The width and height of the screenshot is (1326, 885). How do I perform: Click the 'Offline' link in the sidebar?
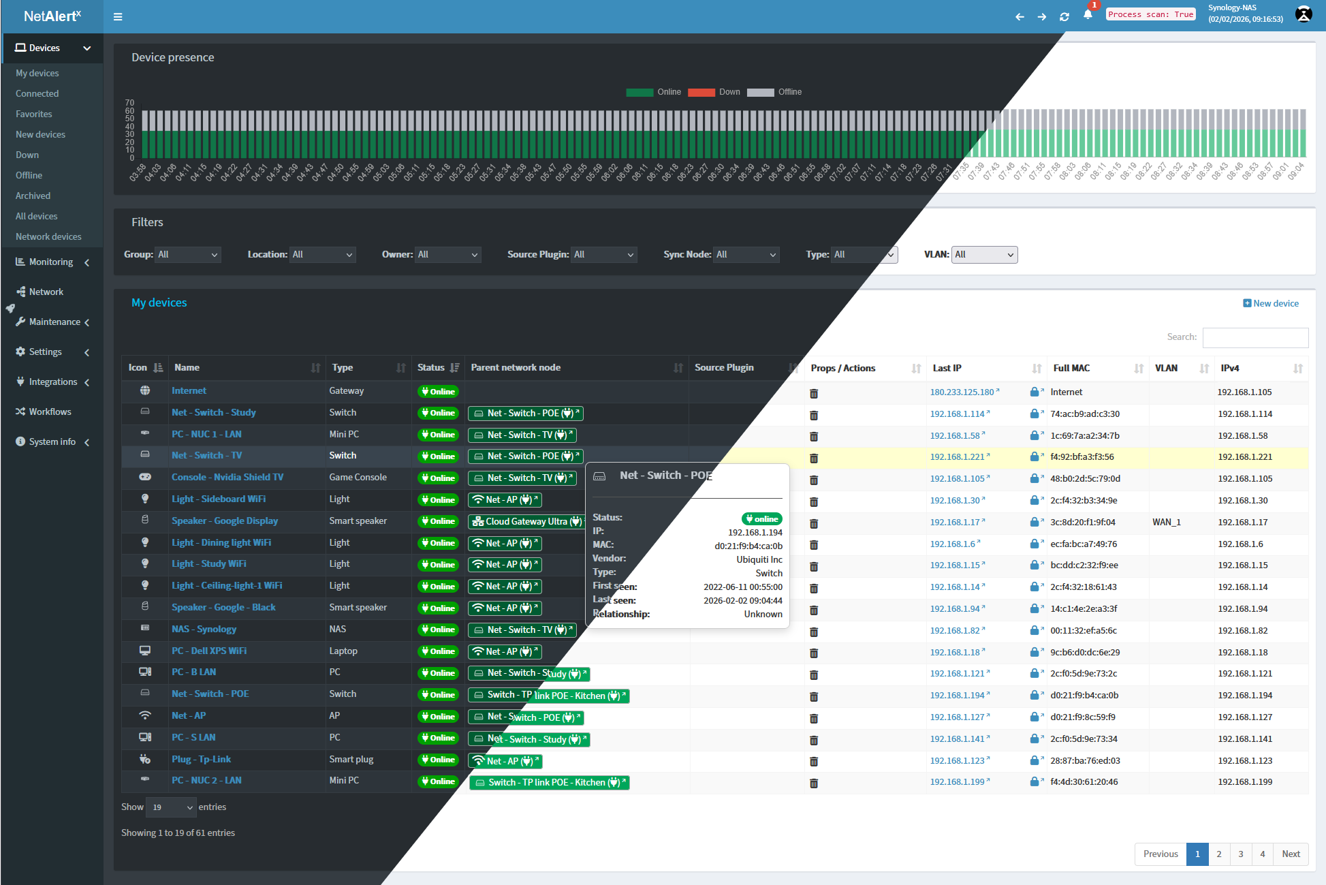click(29, 175)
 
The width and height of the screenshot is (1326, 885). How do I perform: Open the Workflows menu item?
click(50, 412)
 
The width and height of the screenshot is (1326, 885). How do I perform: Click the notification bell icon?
click(1088, 15)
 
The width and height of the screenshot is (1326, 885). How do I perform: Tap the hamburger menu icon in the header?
click(118, 16)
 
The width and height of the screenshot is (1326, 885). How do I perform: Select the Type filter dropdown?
click(864, 255)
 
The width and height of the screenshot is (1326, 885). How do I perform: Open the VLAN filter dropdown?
click(984, 255)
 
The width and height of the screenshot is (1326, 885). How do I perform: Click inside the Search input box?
click(1254, 337)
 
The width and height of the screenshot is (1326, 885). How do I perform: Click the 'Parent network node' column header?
click(516, 367)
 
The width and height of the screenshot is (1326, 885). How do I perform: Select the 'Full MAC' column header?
click(1071, 368)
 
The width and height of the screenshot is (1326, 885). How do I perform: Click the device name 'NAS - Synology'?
click(204, 629)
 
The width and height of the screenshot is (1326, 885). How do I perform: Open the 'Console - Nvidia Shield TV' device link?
click(227, 477)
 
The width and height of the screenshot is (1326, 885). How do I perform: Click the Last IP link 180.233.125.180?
click(962, 392)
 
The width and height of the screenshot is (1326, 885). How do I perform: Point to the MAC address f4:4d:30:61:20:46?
click(1084, 781)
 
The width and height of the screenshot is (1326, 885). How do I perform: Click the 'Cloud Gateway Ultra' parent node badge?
click(526, 521)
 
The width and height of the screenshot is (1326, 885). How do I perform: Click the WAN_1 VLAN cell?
click(1166, 522)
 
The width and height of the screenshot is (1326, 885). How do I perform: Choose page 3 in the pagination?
click(1240, 854)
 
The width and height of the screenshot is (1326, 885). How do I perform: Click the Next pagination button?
click(1291, 854)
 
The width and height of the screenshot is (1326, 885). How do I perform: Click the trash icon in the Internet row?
click(814, 393)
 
